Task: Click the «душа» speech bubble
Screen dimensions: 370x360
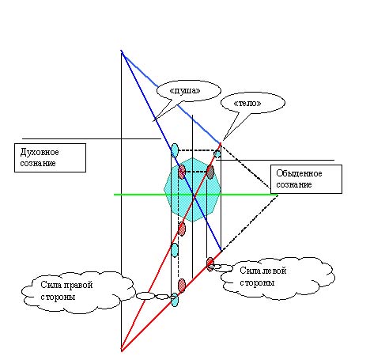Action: (x=188, y=91)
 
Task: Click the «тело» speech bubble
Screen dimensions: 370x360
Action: (x=252, y=103)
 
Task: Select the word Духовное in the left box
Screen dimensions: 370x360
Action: (x=40, y=152)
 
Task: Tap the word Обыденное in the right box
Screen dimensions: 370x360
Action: (x=299, y=173)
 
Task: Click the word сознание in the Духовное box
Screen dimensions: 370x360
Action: (x=38, y=163)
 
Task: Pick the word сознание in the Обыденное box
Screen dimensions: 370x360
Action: (x=294, y=184)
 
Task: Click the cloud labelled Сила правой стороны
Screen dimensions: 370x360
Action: (x=77, y=293)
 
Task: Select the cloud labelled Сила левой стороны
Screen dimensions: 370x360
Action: (x=277, y=278)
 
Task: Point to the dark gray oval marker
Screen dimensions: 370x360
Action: (x=210, y=172)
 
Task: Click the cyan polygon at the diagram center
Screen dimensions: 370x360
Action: (x=192, y=189)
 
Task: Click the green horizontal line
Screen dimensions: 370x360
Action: (x=196, y=195)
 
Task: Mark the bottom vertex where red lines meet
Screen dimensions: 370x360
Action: (x=122, y=351)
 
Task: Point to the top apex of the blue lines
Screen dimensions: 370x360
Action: (x=122, y=51)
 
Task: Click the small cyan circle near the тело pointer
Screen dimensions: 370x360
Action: (x=217, y=153)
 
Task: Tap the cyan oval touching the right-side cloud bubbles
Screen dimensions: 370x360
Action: (x=174, y=300)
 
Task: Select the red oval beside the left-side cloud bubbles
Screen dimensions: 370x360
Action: (x=210, y=264)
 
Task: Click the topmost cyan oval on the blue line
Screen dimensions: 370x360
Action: (x=175, y=150)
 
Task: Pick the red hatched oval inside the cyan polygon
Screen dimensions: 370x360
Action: (x=182, y=172)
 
